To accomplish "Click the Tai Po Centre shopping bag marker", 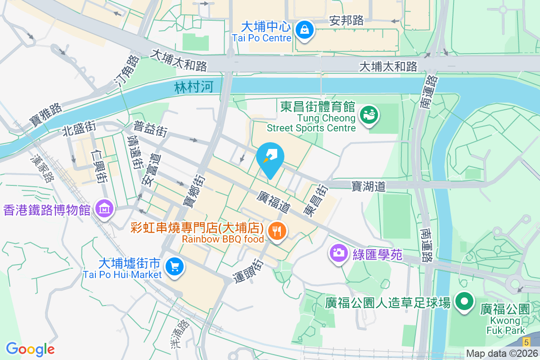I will (305, 31).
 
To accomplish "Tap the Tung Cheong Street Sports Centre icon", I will (369, 116).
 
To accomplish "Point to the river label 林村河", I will (193, 87).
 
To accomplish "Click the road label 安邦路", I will (346, 21).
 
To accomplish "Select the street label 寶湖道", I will (369, 186).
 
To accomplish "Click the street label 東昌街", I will (315, 200).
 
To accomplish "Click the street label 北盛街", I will (79, 129).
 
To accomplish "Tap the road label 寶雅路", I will (45, 116).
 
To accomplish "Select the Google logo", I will (30, 349).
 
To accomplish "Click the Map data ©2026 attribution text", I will (502, 353).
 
